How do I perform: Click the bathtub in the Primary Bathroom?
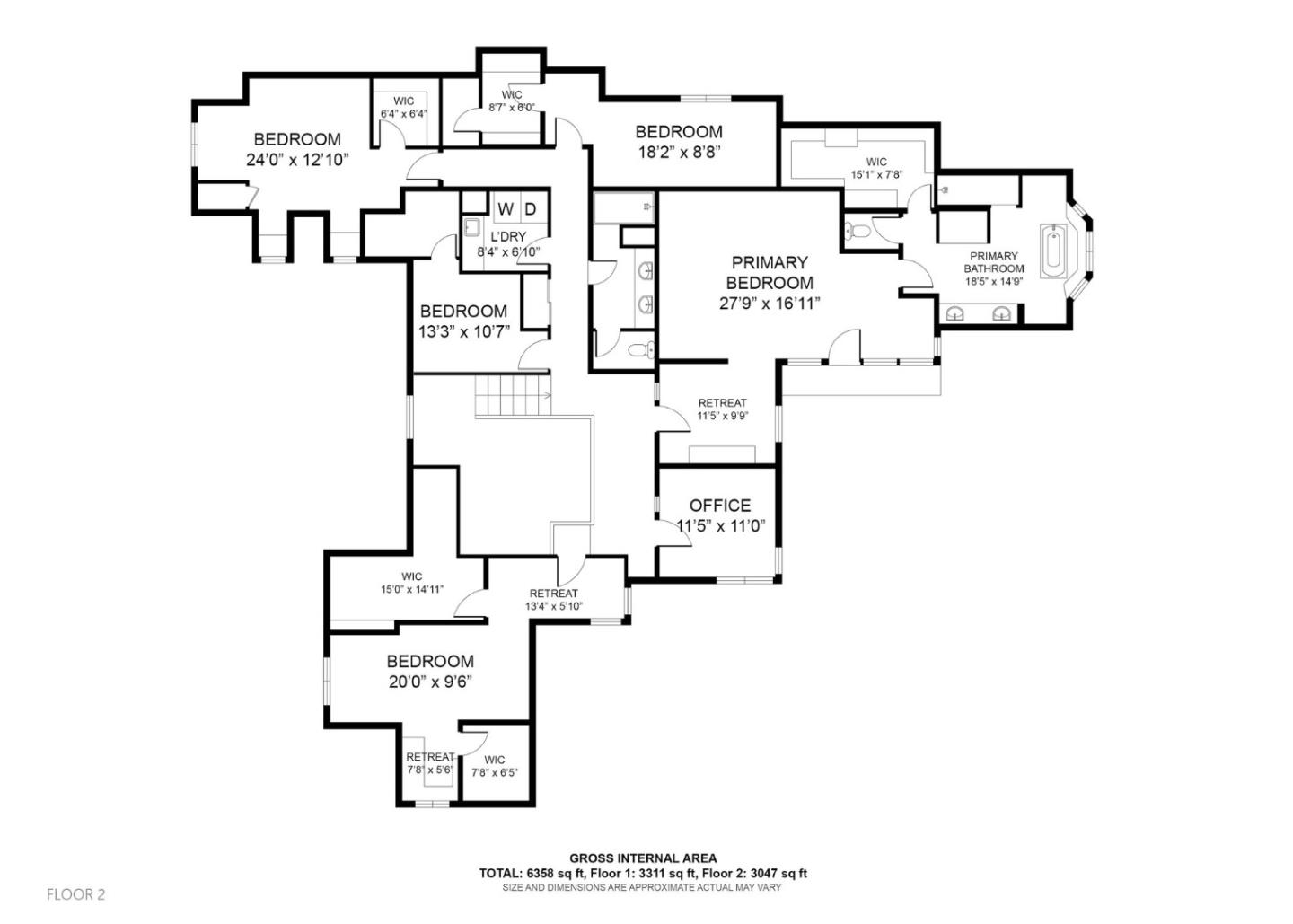pos(1054,252)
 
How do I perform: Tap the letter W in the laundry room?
pos(506,209)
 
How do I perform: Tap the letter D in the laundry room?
pos(531,209)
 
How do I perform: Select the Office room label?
pos(720,506)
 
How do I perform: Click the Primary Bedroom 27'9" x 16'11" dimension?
pos(770,304)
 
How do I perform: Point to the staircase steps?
pos(513,395)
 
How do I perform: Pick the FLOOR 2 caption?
pos(75,894)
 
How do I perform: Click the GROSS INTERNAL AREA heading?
pos(643,858)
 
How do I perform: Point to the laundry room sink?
pos(473,227)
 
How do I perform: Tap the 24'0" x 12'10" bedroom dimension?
pos(298,160)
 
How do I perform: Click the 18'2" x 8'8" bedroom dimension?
pos(680,153)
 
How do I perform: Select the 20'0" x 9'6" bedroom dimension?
pos(431,682)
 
